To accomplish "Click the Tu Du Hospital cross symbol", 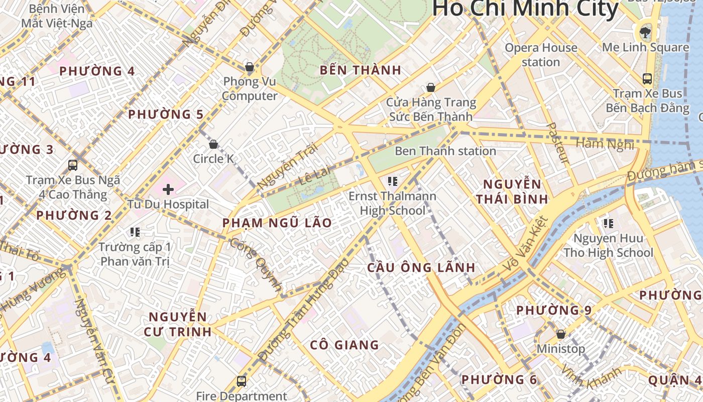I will click(x=168, y=189).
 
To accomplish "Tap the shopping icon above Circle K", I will click(x=213, y=145).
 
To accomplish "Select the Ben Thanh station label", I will click(x=445, y=151).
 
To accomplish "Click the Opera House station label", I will click(x=541, y=55).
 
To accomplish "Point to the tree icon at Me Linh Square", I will click(x=644, y=33).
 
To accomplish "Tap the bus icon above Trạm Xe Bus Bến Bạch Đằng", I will click(x=647, y=79).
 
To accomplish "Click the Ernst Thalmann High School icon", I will click(x=393, y=181).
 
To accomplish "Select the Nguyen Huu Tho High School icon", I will click(x=609, y=223).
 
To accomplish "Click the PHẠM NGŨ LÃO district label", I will click(x=277, y=223).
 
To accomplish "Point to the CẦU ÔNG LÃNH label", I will click(x=421, y=267).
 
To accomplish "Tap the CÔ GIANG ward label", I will click(x=344, y=345).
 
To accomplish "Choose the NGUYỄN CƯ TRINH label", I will click(x=178, y=324).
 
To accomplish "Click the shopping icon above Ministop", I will click(x=561, y=334).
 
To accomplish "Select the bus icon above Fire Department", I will click(x=242, y=381).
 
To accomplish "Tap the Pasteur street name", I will click(x=558, y=143).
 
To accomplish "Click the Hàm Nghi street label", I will click(x=605, y=144).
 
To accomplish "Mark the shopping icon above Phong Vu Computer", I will click(x=249, y=67).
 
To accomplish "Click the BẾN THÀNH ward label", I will click(x=361, y=70).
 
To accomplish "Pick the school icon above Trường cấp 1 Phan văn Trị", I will click(x=135, y=232).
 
